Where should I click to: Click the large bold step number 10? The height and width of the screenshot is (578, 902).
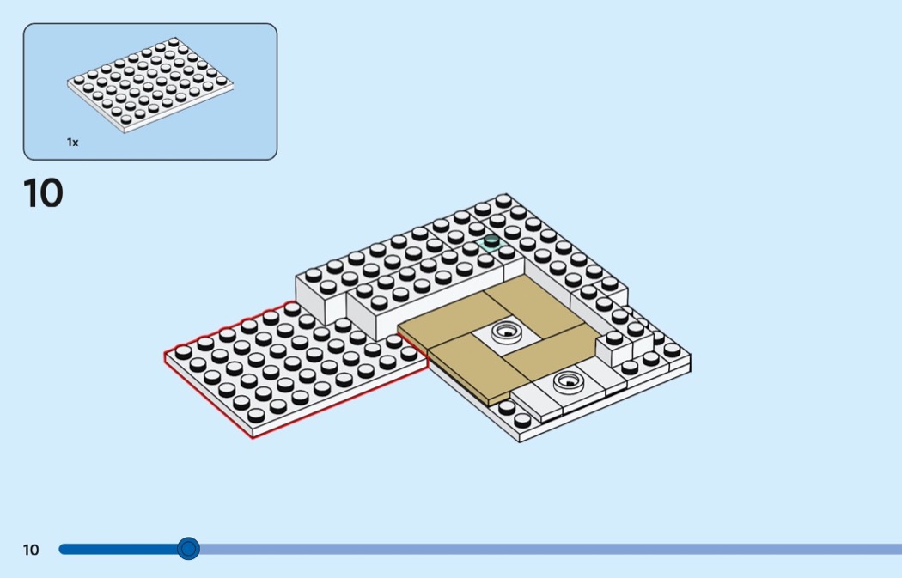[x=43, y=193]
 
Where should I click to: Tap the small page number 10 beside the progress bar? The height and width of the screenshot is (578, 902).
[x=31, y=550]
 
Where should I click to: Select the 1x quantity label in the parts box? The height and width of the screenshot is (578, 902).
[x=72, y=142]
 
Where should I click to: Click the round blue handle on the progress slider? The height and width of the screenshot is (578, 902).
[x=188, y=549]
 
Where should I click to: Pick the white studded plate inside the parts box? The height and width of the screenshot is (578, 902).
[x=150, y=84]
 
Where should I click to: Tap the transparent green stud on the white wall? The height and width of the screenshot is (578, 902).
[x=491, y=241]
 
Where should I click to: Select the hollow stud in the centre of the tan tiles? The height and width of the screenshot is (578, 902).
[x=506, y=332]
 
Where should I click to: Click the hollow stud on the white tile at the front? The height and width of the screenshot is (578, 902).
[x=569, y=382]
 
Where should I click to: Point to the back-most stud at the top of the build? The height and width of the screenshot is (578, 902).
[x=503, y=201]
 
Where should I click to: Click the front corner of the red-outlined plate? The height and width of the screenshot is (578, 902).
[x=252, y=438]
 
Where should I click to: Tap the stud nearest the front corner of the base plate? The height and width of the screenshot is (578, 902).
[x=522, y=421]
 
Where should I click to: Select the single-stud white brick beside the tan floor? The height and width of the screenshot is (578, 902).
[x=614, y=348]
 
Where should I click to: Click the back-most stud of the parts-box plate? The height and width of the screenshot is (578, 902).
[x=174, y=42]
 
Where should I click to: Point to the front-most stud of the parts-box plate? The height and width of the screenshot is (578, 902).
[x=125, y=119]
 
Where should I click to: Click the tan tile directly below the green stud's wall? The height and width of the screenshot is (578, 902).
[x=532, y=302]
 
